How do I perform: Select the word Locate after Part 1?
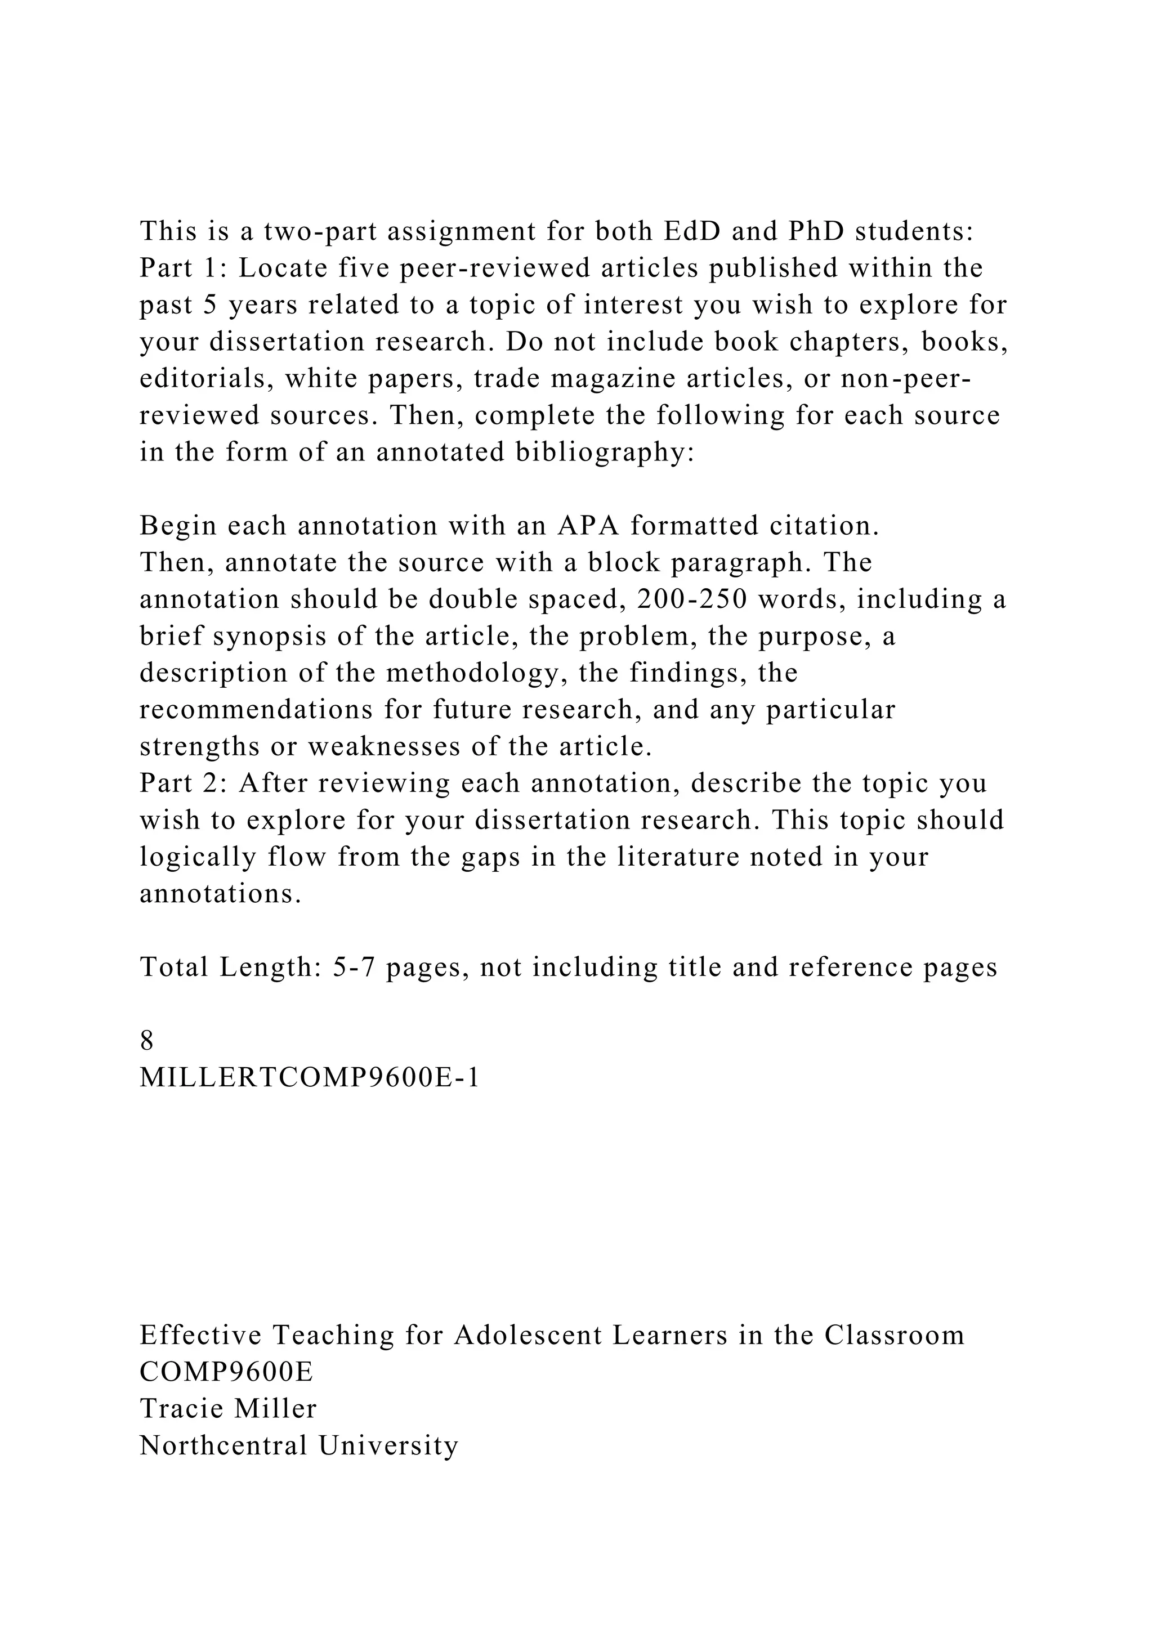tap(283, 268)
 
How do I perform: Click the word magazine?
tap(613, 378)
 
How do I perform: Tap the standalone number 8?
tap(146, 1041)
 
